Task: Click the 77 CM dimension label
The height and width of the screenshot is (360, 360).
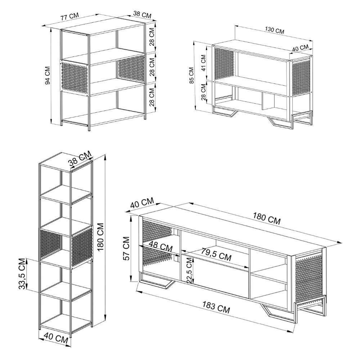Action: click(x=69, y=17)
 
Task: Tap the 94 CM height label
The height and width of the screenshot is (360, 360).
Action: click(x=48, y=76)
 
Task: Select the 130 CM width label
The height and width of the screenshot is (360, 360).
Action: click(x=275, y=30)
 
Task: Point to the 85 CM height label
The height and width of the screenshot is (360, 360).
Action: click(x=192, y=75)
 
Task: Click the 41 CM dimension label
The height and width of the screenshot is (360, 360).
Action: click(x=203, y=63)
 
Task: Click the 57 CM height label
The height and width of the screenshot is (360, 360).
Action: click(x=126, y=248)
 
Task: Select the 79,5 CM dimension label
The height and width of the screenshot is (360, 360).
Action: click(x=216, y=255)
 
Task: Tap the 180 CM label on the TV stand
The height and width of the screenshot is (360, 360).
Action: click(x=267, y=218)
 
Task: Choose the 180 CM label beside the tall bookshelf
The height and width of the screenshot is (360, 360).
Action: click(x=101, y=237)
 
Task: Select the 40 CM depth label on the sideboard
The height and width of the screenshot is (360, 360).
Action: click(x=300, y=48)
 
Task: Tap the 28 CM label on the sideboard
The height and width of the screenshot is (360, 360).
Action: click(x=203, y=92)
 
